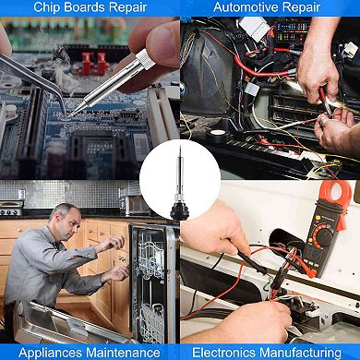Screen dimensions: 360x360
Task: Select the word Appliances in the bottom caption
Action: [50, 353]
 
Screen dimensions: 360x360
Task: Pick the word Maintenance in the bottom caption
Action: [123, 353]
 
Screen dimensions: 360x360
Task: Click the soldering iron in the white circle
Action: [180, 183]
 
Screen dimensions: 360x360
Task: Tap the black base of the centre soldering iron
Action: [180, 211]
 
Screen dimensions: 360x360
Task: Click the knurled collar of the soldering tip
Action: [146, 58]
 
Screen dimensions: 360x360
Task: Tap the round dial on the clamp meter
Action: [324, 236]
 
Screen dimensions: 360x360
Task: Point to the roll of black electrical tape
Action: [218, 135]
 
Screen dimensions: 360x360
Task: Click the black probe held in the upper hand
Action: [252, 263]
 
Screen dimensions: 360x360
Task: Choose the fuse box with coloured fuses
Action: [293, 30]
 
